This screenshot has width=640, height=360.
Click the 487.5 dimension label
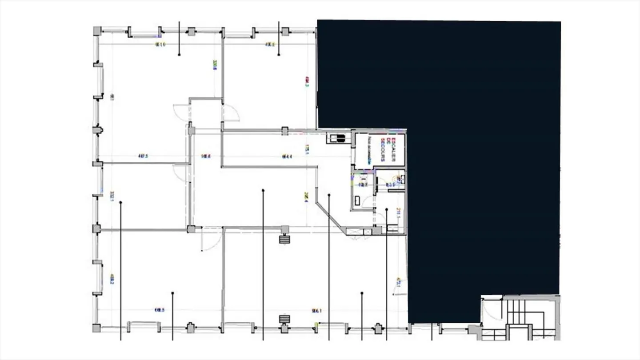[143, 156]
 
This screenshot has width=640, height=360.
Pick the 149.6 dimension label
[205, 156]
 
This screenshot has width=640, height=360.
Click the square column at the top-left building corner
[97, 31]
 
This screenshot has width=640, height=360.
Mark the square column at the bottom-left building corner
[96, 328]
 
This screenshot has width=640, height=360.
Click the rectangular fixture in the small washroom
[357, 201]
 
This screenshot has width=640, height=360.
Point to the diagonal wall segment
[331, 217]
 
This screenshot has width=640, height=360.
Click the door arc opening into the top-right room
[231, 113]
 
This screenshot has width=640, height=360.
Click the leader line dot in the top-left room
[179, 55]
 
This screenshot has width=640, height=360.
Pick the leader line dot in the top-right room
[279, 55]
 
